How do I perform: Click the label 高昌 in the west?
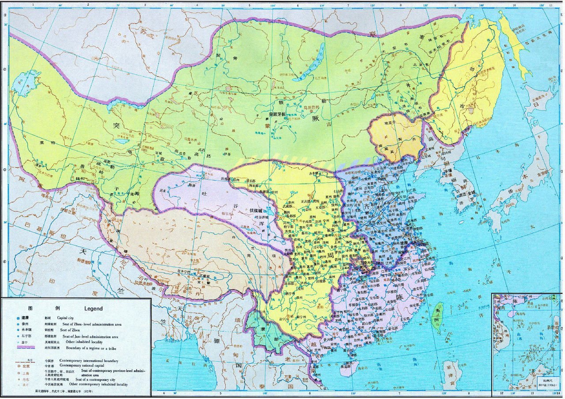(x=202, y=155)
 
